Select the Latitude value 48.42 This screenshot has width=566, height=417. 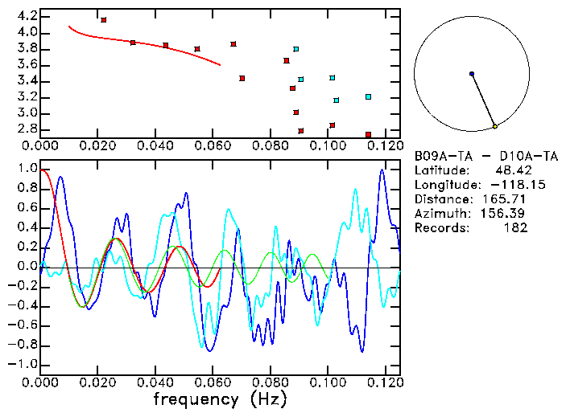[509, 170]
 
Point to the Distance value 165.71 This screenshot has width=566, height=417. [506, 198]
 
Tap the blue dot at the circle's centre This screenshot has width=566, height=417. [472, 74]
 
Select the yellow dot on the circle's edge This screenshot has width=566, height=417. [495, 126]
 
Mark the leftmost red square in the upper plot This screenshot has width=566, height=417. [104, 19]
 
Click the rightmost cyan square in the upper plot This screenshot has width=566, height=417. [368, 96]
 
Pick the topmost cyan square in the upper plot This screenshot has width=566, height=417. [296, 49]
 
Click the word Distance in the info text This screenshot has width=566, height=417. [440, 198]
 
